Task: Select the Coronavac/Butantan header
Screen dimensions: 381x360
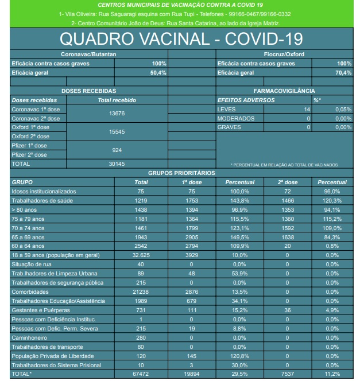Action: [89, 54]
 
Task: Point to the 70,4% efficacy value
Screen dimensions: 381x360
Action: [343, 73]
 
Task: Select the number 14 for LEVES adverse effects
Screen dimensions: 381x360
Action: [307, 109]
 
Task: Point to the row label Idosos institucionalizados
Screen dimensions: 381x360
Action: [44, 191]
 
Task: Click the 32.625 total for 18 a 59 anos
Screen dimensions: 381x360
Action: [141, 255]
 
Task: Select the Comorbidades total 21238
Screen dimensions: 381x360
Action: [141, 291]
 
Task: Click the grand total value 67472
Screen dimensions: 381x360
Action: [141, 374]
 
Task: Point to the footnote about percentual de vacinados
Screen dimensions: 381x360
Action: [284, 165]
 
